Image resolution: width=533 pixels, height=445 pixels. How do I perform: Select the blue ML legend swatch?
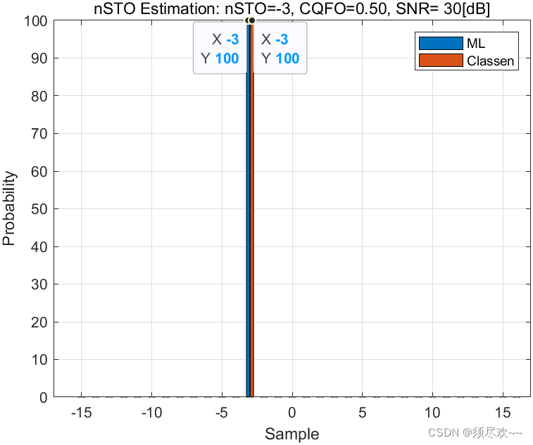441,44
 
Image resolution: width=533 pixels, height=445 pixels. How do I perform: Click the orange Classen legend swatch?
441,61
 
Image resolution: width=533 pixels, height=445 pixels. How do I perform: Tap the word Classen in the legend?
490,61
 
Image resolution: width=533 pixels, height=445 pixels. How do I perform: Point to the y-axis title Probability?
9,208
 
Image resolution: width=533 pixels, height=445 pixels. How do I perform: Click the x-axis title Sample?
291,434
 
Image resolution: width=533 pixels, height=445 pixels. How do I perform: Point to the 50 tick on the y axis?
39,209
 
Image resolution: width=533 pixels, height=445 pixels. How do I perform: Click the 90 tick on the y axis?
39,58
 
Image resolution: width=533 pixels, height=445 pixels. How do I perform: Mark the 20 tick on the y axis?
39,322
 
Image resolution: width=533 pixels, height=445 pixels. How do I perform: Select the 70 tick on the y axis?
39,134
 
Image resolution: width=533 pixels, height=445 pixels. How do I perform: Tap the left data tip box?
220,48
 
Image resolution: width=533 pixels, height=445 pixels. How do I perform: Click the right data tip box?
280,48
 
